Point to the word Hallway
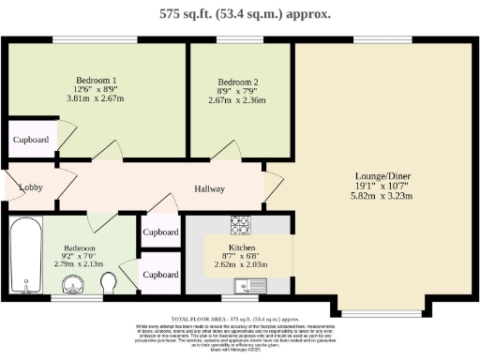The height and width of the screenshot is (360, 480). point(209,188)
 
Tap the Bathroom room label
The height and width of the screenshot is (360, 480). point(80,248)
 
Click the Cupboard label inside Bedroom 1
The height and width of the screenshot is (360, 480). point(30,140)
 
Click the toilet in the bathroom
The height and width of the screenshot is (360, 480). point(111,282)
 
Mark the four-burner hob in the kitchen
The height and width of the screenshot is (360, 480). point(240,224)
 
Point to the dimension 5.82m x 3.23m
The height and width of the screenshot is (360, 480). point(382,197)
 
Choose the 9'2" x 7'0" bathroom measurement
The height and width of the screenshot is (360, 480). point(80,259)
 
